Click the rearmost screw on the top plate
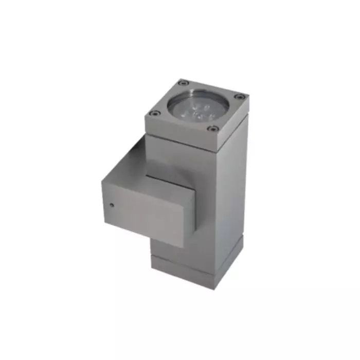point(181,82)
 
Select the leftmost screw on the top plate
point(152,113)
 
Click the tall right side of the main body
point(229,195)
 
